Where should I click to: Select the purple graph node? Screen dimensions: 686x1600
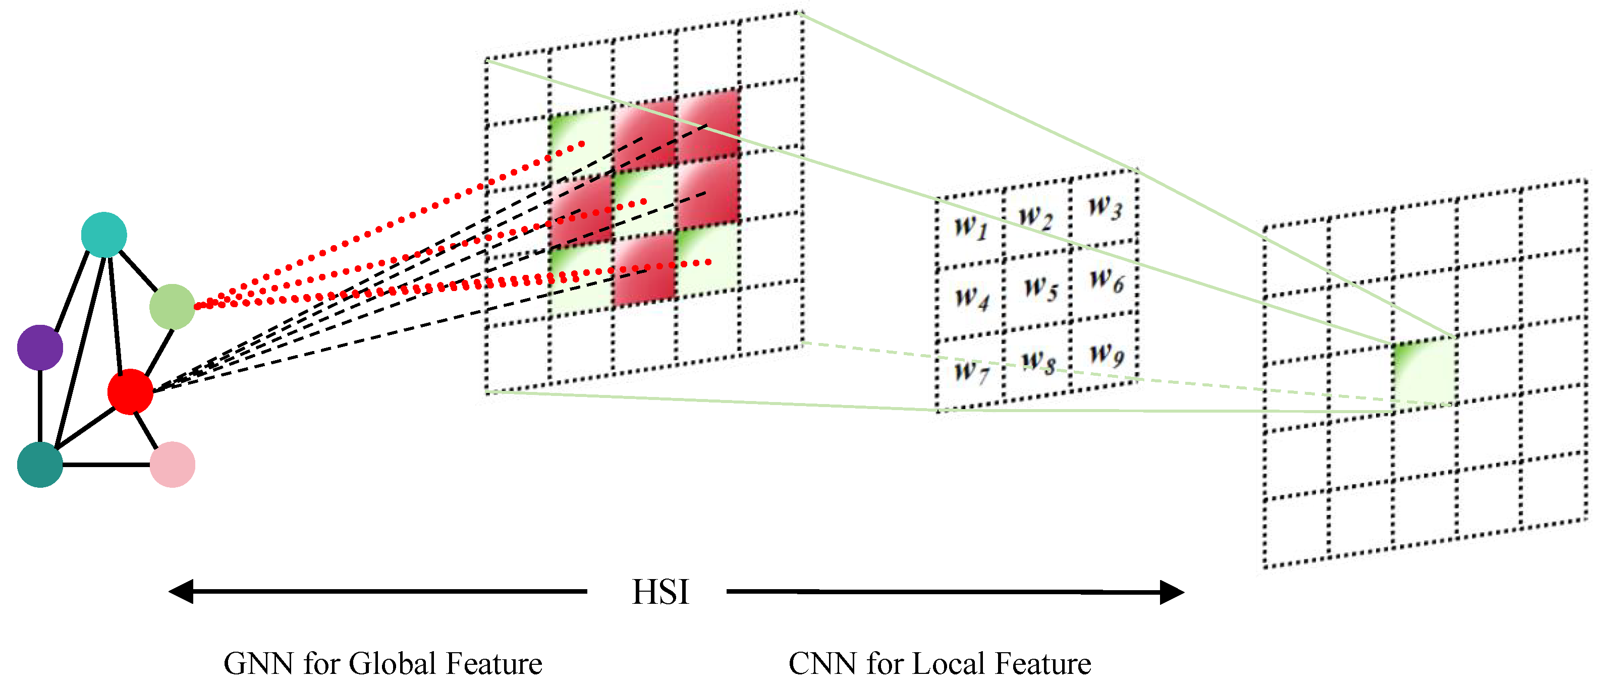tap(40, 348)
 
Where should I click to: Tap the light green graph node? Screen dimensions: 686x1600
tap(173, 307)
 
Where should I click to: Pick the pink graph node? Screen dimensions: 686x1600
tap(173, 465)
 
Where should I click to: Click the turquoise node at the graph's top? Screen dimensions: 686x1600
tap(104, 235)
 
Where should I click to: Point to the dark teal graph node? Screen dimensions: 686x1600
tap(40, 465)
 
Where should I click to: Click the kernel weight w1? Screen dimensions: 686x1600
tap(971, 226)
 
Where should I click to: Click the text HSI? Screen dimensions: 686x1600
tap(660, 592)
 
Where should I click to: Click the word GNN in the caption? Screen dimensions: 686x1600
tap(258, 664)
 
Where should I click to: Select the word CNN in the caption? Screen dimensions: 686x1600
tap(823, 664)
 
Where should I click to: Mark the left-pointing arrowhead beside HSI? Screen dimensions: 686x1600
tap(181, 592)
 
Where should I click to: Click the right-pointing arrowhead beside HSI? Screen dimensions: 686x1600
tap(1172, 592)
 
